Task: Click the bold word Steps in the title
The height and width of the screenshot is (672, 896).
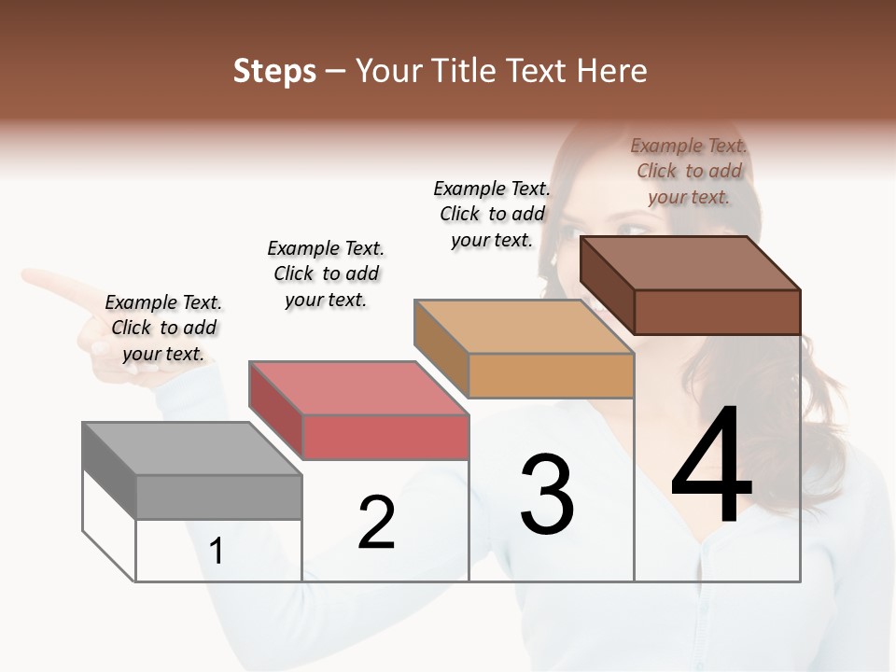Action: pos(274,71)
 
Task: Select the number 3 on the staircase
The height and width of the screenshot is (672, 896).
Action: pos(547,495)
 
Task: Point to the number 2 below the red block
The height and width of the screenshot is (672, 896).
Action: pos(377,523)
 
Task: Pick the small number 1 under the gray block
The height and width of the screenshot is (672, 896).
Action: pos(217,552)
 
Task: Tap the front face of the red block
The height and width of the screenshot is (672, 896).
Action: pos(385,437)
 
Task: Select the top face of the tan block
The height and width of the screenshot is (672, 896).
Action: pos(524,327)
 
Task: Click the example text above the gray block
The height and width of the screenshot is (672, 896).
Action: pos(163,328)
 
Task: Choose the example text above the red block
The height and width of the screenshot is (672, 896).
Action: pos(326,273)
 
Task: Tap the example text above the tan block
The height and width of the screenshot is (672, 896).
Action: pos(492,214)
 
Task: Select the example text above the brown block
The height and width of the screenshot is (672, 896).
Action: pos(689,171)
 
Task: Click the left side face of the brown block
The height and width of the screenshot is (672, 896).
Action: pos(607,284)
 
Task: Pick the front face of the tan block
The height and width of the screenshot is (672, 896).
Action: pos(551,376)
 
